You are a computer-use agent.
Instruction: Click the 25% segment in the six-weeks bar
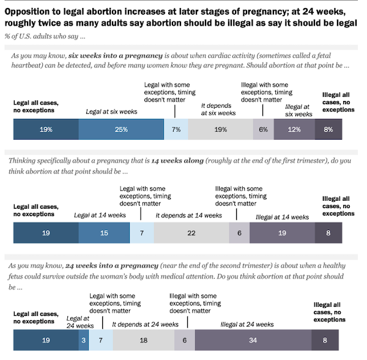pyautogui.click(x=121, y=130)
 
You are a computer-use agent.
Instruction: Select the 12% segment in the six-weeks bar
pyautogui.click(x=294, y=130)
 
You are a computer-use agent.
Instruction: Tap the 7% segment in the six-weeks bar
pyautogui.click(x=176, y=130)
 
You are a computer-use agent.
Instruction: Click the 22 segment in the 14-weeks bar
pyautogui.click(x=191, y=233)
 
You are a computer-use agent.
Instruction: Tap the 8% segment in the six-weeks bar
pyautogui.click(x=328, y=130)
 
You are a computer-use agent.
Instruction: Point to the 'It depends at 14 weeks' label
pyautogui.click(x=189, y=216)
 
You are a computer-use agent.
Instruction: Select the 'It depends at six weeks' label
pyautogui.click(x=218, y=110)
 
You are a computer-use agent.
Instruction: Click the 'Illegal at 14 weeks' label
pyautogui.click(x=282, y=217)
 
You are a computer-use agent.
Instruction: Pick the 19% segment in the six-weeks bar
pyautogui.click(x=46, y=130)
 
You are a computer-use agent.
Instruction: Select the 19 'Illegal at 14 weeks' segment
pyautogui.click(x=282, y=233)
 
